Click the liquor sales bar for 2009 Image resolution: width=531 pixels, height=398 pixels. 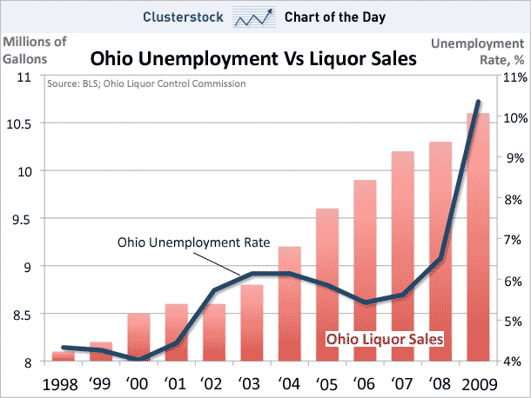483,252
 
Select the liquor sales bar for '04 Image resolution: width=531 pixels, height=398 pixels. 289,304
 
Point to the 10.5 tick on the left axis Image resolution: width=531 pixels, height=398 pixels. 24,123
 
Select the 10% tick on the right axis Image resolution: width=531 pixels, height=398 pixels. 513,118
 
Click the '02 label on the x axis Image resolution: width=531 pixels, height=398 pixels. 213,381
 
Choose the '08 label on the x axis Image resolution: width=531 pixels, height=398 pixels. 440,381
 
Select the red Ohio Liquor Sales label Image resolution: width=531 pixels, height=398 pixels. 385,339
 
